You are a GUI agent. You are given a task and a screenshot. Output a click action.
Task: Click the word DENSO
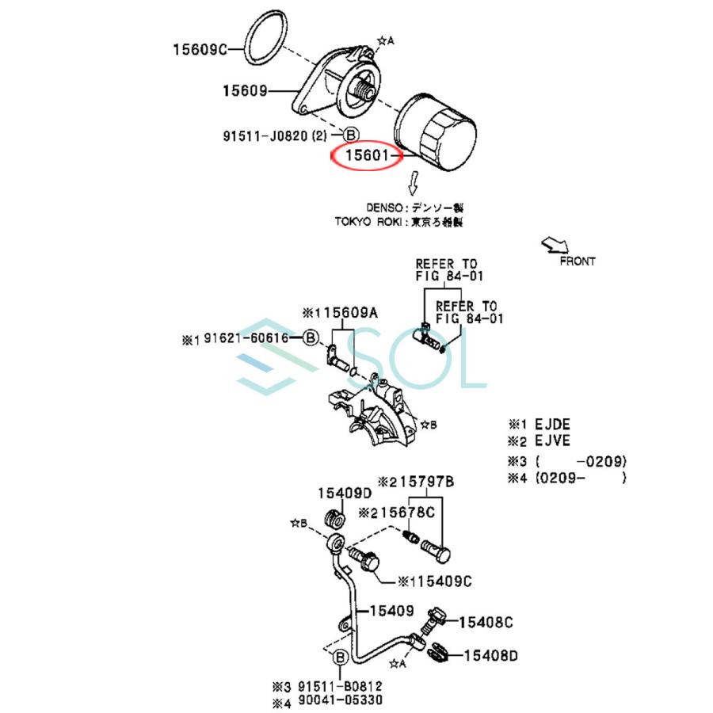[x=386, y=208]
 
